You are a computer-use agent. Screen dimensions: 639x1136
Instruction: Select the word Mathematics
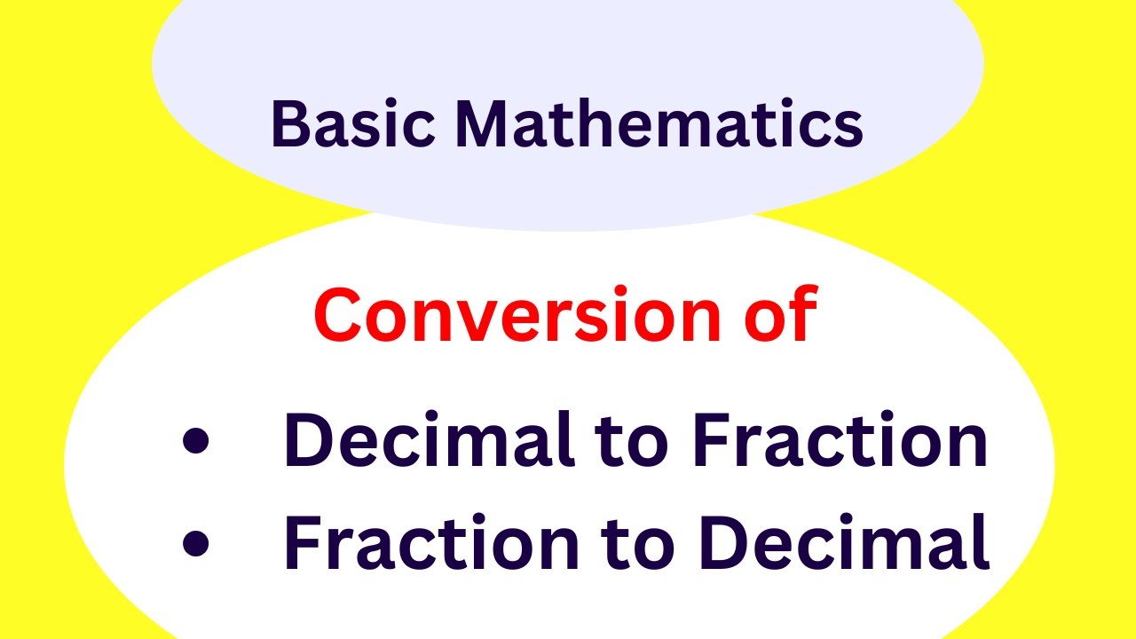[x=659, y=123]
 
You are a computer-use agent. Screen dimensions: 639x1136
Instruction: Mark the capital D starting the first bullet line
[x=307, y=442]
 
